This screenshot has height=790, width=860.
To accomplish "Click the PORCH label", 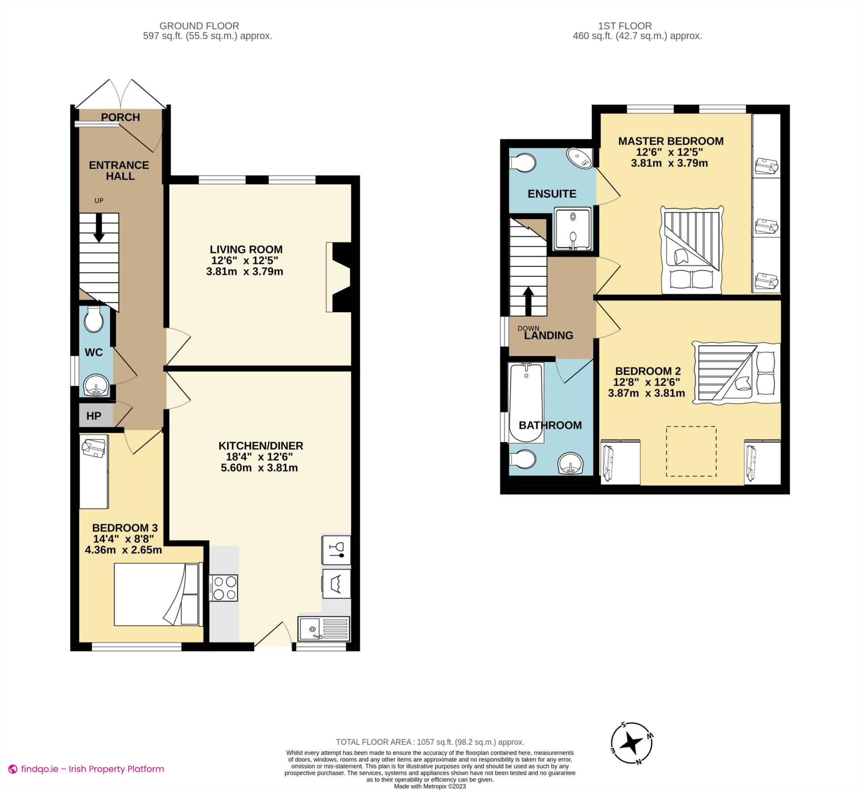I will coord(120,117).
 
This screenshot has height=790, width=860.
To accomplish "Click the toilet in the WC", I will coord(94,319).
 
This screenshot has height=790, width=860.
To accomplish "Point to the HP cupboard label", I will coord(94,416).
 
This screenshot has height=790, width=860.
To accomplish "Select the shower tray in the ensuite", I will coord(573,228).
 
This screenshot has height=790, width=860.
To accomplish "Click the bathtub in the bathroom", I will coord(526,402).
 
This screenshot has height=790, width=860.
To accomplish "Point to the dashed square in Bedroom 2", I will coord(691,451).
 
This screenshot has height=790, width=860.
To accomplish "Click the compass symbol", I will coord(632,743).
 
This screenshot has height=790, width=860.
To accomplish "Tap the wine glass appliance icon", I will coord(336,550).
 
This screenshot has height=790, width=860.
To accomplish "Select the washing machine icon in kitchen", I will coord(336,584).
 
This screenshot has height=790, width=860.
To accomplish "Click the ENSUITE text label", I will coord(552,194).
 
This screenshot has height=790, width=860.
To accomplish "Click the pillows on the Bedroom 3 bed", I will coord(190,595).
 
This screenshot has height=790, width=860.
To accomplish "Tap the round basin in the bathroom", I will coord(570,463).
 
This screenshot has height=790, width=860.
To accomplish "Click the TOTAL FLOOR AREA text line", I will coord(430,742).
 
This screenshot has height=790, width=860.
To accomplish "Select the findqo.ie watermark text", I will coord(92,769).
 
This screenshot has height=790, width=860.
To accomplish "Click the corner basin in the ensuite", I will coord(580,158).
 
